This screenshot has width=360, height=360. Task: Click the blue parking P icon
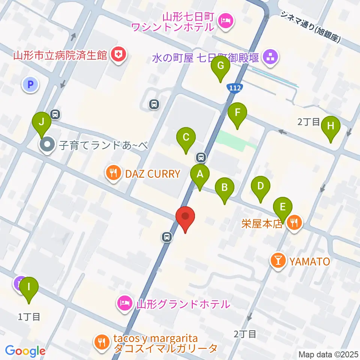[x=30, y=84]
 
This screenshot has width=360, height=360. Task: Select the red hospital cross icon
[x=119, y=55]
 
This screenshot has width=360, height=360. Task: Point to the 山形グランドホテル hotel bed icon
[x=124, y=303]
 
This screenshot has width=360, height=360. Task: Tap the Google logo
[x=25, y=351]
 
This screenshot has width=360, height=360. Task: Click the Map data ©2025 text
[x=328, y=354]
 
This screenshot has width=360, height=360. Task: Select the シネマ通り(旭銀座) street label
[x=310, y=27]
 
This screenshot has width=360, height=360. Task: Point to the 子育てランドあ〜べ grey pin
[x=47, y=144]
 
